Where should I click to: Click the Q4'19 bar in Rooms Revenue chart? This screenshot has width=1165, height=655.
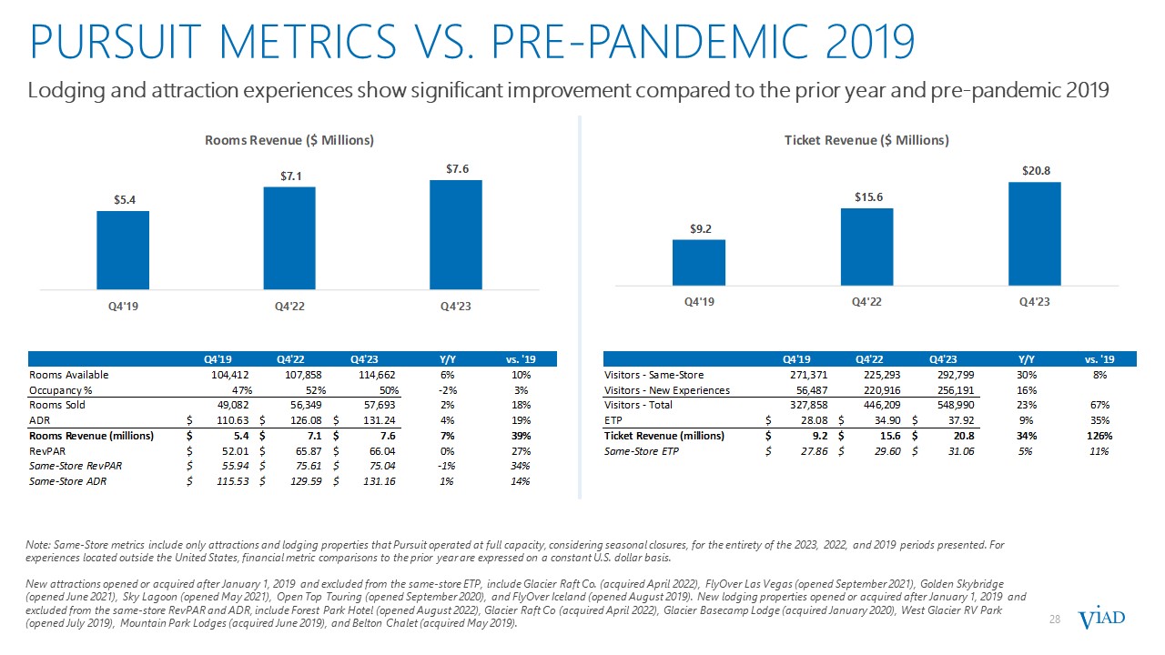(123, 250)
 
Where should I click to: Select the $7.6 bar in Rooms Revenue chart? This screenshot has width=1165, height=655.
(456, 235)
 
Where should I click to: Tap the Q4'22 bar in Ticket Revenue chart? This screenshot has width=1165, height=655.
(866, 247)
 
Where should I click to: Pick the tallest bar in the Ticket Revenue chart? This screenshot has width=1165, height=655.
(1035, 234)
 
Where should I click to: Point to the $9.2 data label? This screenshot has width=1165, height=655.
(699, 228)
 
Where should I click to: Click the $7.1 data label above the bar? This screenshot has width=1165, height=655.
(289, 176)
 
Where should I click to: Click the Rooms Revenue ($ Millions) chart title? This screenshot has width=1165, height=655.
(289, 140)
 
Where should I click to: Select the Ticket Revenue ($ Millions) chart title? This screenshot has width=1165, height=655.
(866, 140)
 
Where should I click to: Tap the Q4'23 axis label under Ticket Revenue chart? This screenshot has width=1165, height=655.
(1035, 301)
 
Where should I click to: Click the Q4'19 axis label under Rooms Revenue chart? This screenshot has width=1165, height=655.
(123, 305)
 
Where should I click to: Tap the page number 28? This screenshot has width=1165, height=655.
(1056, 620)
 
